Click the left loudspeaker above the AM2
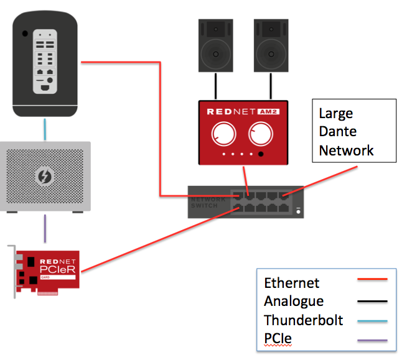point(216,45)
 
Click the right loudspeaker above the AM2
point(271,45)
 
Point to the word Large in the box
point(335,114)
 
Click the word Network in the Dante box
point(346,150)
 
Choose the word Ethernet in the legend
point(291,283)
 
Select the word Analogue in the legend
point(294,302)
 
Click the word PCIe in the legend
point(278,339)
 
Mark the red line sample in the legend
point(372,280)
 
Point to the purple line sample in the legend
point(372,341)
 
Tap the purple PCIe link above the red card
point(44,229)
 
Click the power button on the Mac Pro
point(24,33)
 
